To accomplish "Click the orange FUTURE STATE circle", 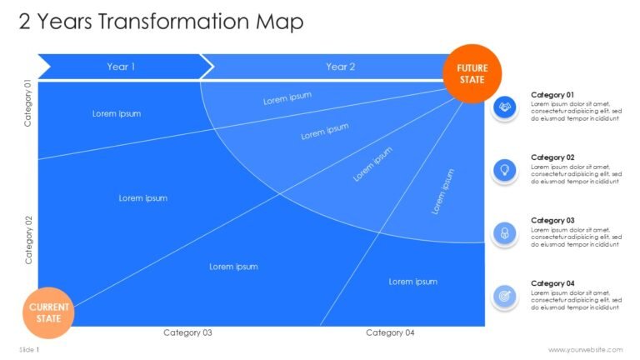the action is pos(472,73).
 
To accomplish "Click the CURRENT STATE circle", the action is pos(48,313).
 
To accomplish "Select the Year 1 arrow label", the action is pos(121,67).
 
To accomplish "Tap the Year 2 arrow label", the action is pos(340,67).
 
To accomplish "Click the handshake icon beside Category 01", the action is pos(505,107).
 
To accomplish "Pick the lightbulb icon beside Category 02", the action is pos(505,170).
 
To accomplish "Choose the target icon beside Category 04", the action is pos(505,297).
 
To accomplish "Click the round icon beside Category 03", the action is pos(505,233).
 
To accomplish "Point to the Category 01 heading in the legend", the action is pos(552,95).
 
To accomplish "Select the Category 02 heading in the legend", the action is pos(552,157).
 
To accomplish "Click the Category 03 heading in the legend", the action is pos(552,220).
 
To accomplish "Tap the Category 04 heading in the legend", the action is pos(552,283).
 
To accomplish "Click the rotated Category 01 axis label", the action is pos(27,102).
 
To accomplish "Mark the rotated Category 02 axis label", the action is pos(28,240).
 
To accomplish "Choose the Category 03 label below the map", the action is pos(187,332).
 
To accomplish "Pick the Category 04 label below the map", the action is pos(390,332).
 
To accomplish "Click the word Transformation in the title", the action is pos(173,21).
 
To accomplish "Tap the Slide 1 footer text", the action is pos(29,350).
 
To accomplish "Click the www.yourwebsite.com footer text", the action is pos(585,350).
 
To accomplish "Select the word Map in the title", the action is pos(280,22).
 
